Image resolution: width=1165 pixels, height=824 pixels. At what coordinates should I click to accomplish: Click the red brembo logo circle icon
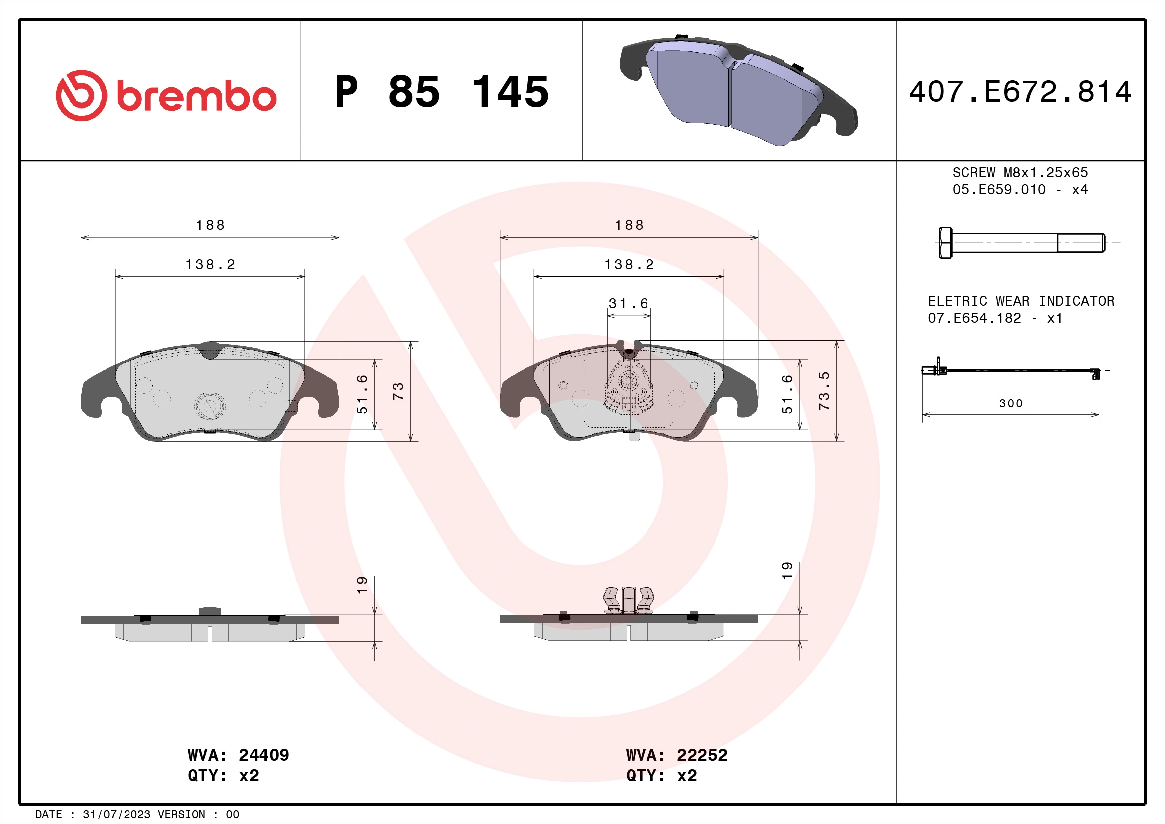(81, 95)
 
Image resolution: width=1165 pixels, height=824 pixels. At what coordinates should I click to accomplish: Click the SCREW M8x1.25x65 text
(1020, 173)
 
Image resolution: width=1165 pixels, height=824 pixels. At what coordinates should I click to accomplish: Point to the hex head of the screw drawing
(945, 243)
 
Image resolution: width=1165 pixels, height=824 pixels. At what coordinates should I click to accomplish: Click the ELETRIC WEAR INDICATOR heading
(1021, 301)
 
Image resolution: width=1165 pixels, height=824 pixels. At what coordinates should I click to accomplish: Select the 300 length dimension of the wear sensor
(1010, 404)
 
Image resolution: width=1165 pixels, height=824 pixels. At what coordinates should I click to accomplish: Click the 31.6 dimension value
(628, 304)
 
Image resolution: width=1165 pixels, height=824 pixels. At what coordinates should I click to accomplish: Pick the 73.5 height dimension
(824, 391)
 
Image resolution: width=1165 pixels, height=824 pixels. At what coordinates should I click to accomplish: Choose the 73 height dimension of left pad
(398, 391)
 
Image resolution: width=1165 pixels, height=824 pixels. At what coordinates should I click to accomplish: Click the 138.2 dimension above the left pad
(210, 265)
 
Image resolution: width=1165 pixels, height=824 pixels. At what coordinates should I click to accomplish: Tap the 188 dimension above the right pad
(629, 225)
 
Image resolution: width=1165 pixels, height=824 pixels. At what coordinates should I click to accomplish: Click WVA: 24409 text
(238, 755)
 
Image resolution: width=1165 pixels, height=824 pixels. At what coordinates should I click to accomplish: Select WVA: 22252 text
(676, 755)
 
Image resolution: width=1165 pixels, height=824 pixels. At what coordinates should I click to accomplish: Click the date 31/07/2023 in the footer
(116, 815)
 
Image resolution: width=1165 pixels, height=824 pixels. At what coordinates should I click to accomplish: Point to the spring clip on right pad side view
(628, 600)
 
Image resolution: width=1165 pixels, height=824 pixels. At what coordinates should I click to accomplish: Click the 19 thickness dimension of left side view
(361, 585)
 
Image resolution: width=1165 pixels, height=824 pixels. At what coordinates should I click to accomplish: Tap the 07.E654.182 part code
(974, 319)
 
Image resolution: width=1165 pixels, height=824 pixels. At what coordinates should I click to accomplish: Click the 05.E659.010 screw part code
(999, 190)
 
